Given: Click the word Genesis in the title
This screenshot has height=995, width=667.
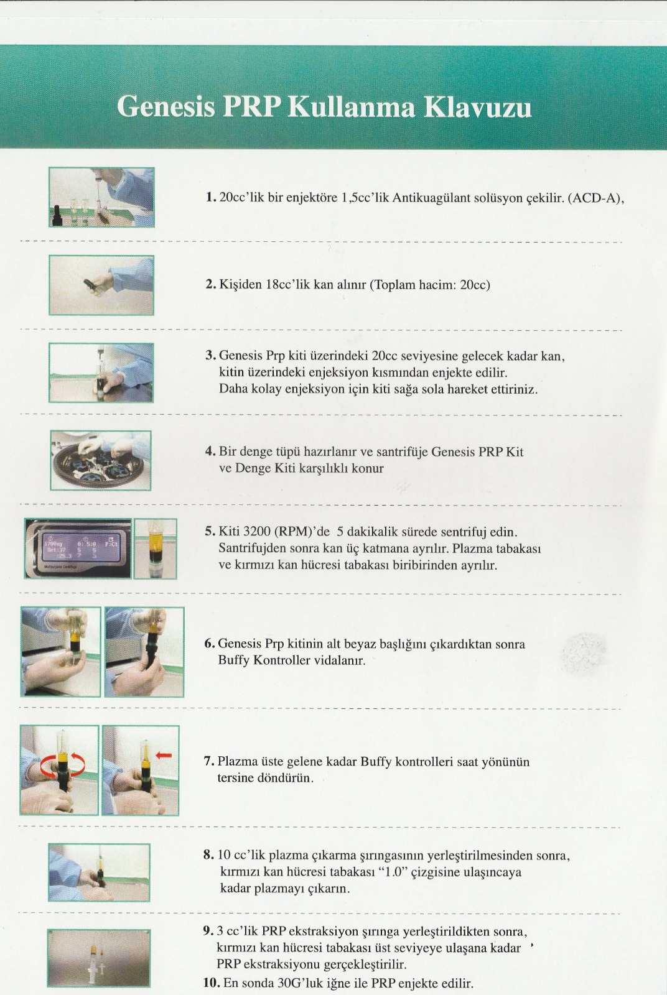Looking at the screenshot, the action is pyautogui.click(x=166, y=106).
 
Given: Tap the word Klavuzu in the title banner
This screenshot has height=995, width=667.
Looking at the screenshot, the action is pyautogui.click(x=478, y=106).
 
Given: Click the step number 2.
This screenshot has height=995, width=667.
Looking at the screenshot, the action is pyautogui.click(x=210, y=284).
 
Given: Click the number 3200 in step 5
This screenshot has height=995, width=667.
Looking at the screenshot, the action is pyautogui.click(x=257, y=532).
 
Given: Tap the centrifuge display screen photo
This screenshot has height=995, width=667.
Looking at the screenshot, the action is pyautogui.click(x=78, y=548).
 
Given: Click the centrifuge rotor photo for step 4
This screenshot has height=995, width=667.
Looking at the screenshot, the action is pyautogui.click(x=100, y=461).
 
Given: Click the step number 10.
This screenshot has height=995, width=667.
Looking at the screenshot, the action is pyautogui.click(x=212, y=983).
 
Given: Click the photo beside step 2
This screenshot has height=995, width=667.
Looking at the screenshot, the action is pyautogui.click(x=101, y=285).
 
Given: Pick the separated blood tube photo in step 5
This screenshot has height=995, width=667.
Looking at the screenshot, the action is pyautogui.click(x=156, y=548).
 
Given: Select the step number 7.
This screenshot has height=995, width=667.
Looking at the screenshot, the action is pyautogui.click(x=209, y=761).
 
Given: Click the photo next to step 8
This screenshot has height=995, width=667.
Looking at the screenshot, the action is pyautogui.click(x=99, y=872).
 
